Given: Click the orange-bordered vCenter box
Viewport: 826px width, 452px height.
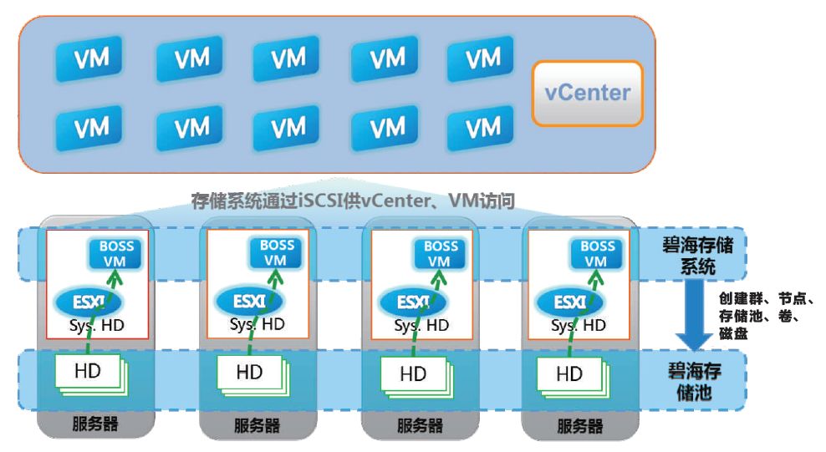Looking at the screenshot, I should pyautogui.click(x=589, y=93).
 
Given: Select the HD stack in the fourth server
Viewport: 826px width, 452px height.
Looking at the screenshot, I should pyautogui.click(x=572, y=373).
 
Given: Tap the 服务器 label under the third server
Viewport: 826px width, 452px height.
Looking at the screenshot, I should pyautogui.click(x=418, y=425).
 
